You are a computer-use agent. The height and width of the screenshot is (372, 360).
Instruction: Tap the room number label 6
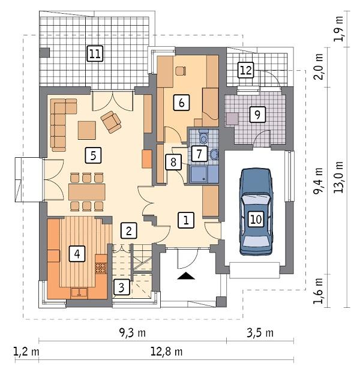pos(180,102)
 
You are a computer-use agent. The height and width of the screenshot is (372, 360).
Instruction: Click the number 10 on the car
pos(256,219)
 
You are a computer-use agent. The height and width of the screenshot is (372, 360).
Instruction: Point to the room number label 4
pos(76,254)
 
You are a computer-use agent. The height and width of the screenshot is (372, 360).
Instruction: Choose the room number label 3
pos(121,287)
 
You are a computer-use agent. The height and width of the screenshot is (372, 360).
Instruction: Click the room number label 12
pos(245,70)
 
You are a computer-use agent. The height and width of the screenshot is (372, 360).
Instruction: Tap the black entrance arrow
pos(187,275)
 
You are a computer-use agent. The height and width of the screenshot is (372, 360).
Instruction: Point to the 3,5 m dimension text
pos(260,333)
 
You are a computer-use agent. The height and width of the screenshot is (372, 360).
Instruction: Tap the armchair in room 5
pos(111,121)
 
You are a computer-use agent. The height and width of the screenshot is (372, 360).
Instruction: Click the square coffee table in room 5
pos(86,130)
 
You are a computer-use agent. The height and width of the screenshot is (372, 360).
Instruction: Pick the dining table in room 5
pos(87,192)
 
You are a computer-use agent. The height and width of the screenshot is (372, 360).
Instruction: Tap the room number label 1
pos(186,220)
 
